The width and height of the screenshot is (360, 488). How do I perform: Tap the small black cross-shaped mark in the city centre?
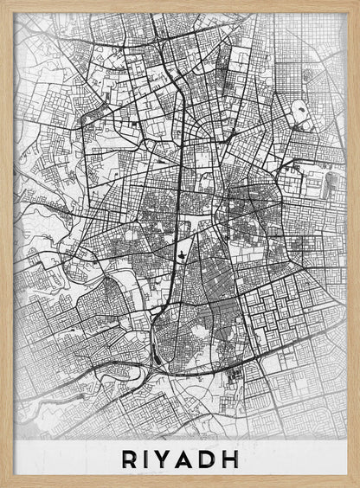point(183,254)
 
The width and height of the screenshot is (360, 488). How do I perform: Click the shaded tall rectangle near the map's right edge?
point(333,183)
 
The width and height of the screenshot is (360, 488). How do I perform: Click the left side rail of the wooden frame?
point(7,242)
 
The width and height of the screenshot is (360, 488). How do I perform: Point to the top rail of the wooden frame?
point(180,6)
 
